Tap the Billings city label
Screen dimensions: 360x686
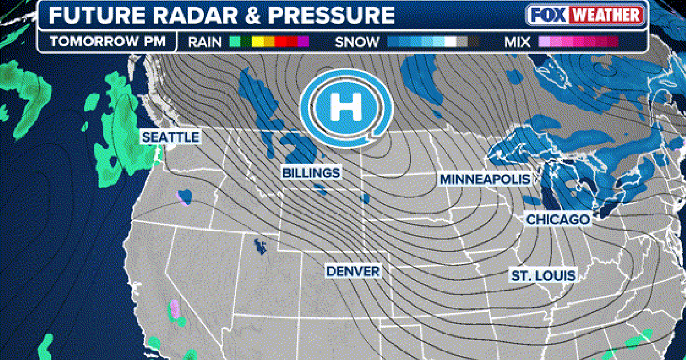(311, 173)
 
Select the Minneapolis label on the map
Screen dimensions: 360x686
(484, 179)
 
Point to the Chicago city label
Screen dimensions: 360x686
(557, 219)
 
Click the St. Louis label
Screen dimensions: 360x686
(543, 276)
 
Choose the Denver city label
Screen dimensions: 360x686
(353, 271)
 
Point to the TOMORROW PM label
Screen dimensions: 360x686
(107, 42)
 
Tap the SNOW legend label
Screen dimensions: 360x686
(357, 42)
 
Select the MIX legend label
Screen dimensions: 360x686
(519, 42)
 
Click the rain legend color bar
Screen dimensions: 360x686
(269, 42)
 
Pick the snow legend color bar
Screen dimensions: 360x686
(433, 42)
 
